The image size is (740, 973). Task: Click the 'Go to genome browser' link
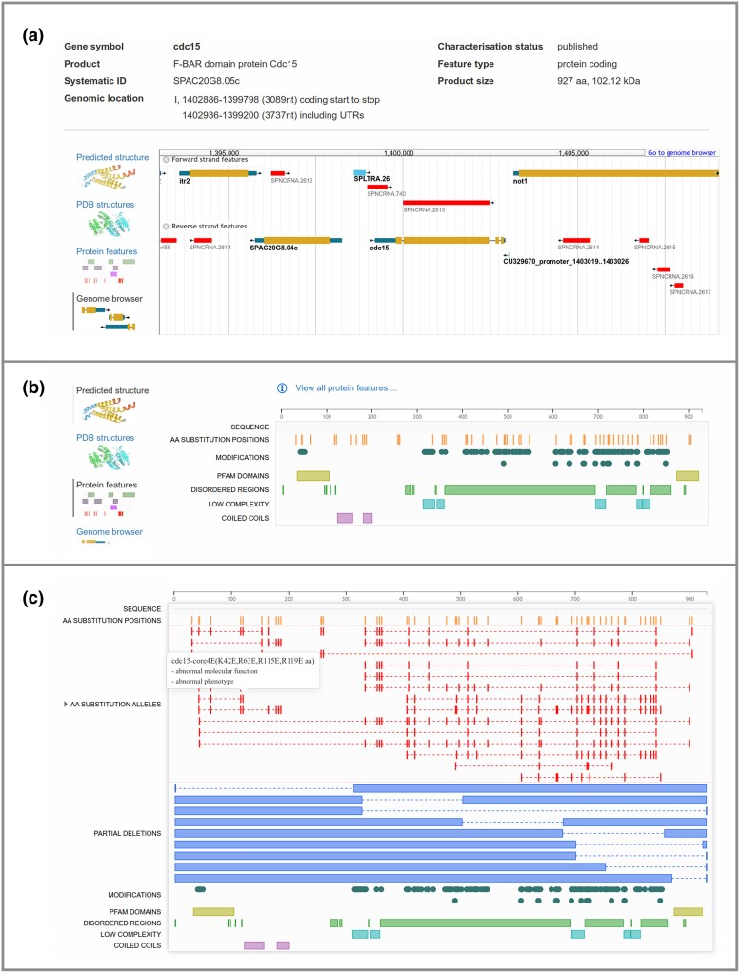[x=682, y=152]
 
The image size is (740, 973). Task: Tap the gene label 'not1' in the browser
[x=520, y=180]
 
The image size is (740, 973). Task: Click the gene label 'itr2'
[x=186, y=180]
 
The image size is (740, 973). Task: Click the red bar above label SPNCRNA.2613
[x=446, y=202]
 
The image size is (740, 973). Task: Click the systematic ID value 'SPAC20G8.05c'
[x=196, y=81]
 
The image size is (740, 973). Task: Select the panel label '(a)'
[x=33, y=35]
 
